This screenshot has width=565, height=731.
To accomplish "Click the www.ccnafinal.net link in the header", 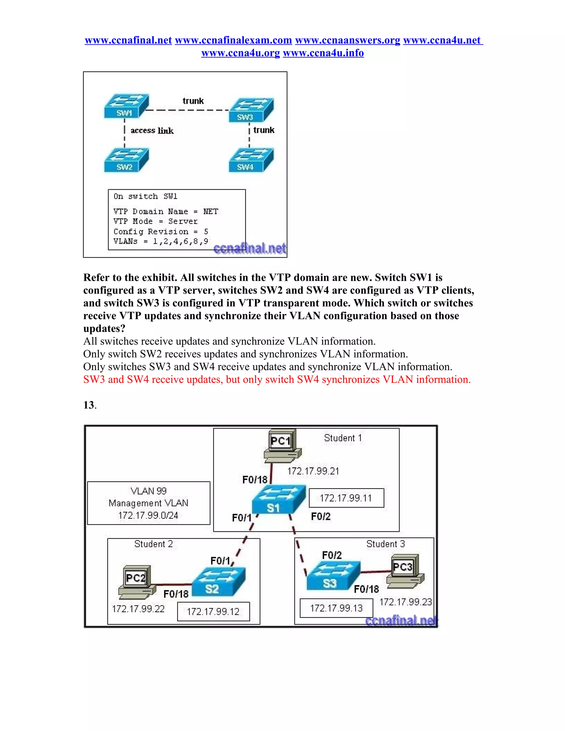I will coord(128,40).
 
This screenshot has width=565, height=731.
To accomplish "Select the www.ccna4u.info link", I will coord(323,53).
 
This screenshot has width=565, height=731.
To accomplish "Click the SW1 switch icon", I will coord(126,106).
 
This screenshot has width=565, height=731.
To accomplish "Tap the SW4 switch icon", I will coord(251,160).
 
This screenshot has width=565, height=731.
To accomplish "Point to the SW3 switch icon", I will coord(251,110).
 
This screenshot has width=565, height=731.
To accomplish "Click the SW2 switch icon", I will coord(126,160).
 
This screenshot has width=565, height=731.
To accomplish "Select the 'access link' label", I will coord(152,130).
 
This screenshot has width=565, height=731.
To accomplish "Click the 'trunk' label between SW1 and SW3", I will coord(193,101).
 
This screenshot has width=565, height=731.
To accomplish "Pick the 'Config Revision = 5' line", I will coord(161,231).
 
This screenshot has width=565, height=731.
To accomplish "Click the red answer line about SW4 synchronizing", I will coord(277,380).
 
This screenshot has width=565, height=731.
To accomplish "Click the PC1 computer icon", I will coord(282,445).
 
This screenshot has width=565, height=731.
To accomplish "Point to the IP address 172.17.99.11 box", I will coord(346,498).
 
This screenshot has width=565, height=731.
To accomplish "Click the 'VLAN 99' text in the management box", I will coord(149,491).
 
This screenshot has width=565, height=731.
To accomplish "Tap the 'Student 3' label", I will coord(385,544).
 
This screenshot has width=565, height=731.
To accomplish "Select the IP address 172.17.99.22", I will coord(138,609).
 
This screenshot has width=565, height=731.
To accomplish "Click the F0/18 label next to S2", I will coord(176,594).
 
